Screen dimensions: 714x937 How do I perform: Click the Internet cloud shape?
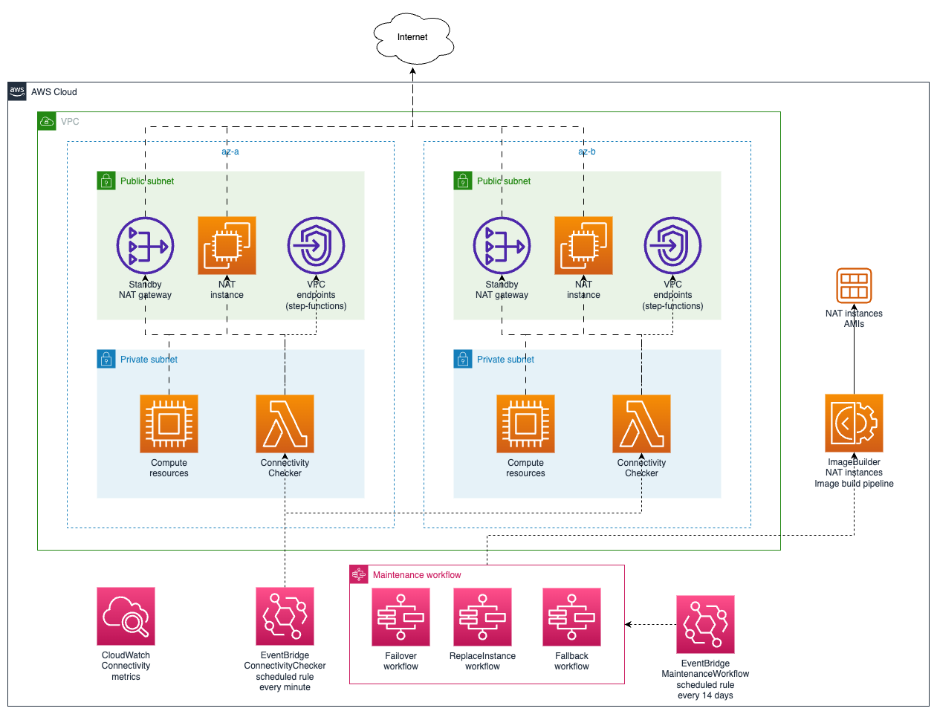coord(413,37)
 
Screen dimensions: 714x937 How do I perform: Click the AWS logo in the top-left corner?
coord(17,91)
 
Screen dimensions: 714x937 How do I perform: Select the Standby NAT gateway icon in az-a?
coord(146,245)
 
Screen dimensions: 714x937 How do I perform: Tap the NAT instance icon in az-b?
coord(583,245)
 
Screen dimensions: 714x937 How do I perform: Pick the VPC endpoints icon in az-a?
coord(316,245)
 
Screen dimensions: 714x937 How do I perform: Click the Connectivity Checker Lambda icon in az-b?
coord(641,423)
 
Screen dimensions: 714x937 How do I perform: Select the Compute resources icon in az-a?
coord(169,423)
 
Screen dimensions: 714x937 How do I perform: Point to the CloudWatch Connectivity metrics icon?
coord(126,616)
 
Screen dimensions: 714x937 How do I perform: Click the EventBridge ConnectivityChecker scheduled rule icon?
coord(285,616)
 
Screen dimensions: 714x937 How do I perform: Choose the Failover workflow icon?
coord(401,617)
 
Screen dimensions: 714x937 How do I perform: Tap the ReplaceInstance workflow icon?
coord(482,617)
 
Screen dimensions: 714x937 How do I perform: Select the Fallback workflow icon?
coord(571,617)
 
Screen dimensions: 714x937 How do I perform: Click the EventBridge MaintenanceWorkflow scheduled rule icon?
coord(705,624)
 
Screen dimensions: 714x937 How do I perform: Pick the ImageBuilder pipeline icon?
coord(854,423)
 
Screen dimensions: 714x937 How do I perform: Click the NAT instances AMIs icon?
coord(854,286)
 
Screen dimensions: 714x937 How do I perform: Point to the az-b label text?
coord(587,152)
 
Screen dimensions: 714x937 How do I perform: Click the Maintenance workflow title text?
coord(416,575)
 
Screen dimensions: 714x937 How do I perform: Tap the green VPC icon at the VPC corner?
coord(47,121)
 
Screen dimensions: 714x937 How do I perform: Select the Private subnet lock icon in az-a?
coord(106,359)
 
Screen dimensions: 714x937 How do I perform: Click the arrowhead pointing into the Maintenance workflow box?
coord(629,624)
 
